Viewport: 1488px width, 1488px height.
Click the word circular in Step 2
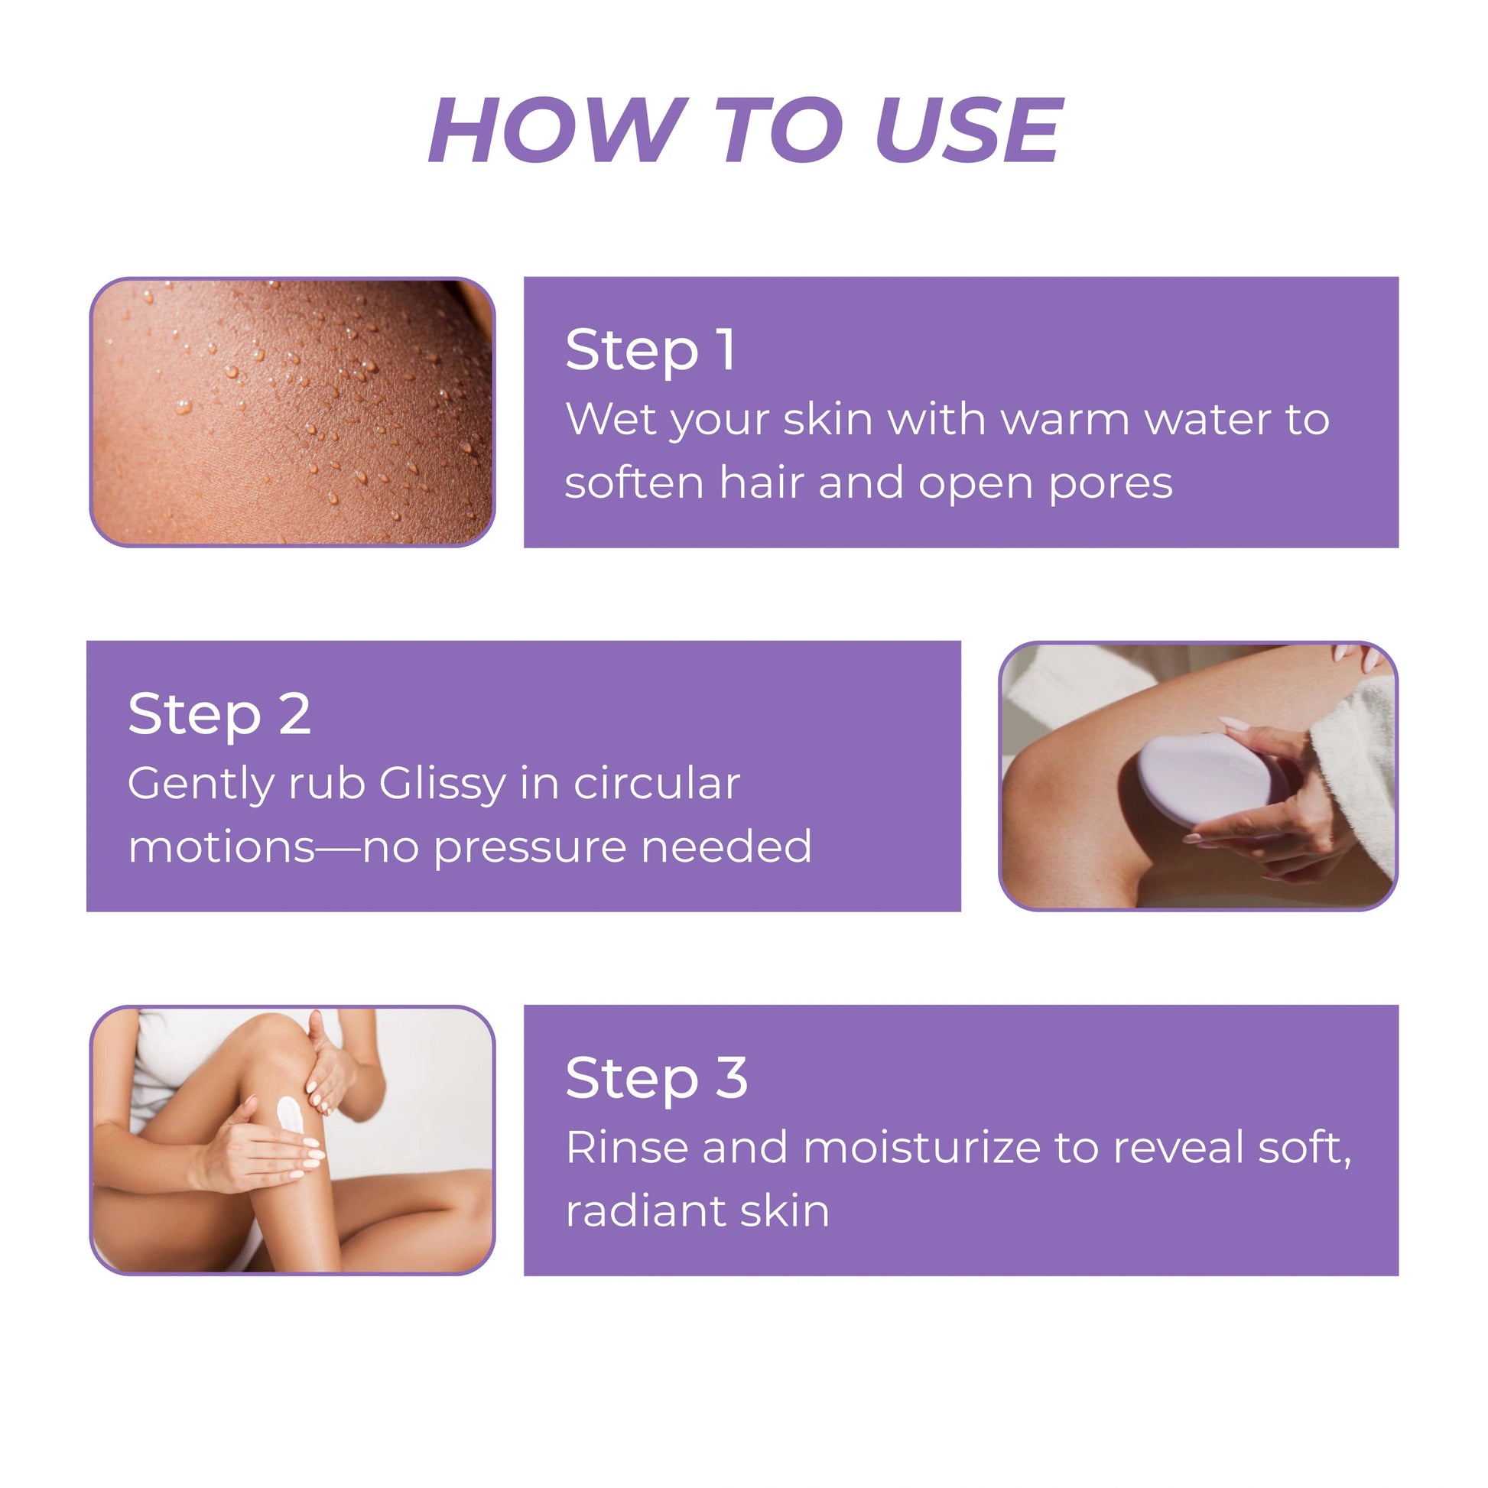point(657,784)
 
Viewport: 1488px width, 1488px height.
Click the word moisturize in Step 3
point(922,1148)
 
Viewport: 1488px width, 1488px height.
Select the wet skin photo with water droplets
point(293,412)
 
